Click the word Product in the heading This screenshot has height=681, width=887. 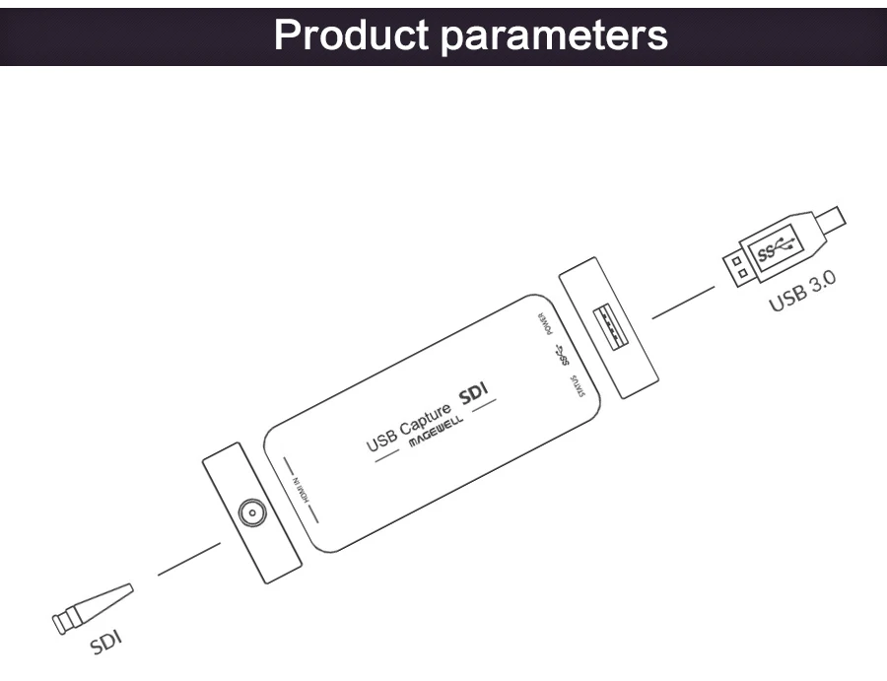[x=351, y=34]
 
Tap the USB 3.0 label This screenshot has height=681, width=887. [x=802, y=291]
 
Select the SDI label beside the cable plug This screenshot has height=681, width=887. [x=106, y=642]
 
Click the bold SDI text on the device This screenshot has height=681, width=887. [x=473, y=393]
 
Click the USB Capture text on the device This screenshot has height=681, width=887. [x=408, y=428]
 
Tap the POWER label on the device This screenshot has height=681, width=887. [x=545, y=324]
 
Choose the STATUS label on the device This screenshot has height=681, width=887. [x=578, y=385]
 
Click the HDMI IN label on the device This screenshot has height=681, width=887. [x=300, y=491]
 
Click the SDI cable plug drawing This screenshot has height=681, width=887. [x=93, y=609]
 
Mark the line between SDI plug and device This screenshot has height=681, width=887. [x=189, y=560]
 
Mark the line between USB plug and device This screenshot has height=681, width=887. [x=683, y=303]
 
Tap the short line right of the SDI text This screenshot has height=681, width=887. [x=484, y=406]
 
